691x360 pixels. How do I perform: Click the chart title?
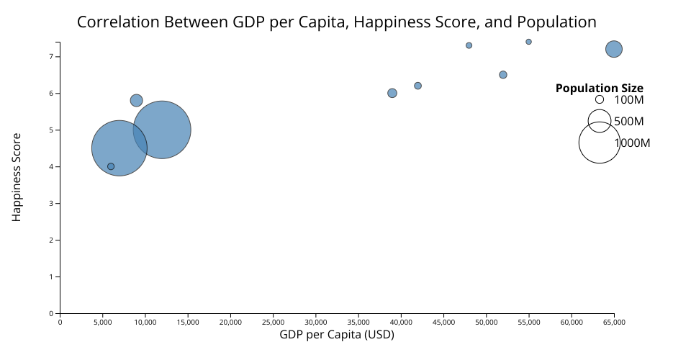pos(336,22)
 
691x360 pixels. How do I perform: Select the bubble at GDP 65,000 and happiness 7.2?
pos(614,49)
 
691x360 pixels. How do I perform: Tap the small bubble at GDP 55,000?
pos(528,42)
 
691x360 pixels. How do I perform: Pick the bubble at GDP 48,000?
pos(469,45)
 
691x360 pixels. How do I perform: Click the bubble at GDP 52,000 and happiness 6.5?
pos(503,75)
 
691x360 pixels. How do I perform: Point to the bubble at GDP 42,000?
pos(417,86)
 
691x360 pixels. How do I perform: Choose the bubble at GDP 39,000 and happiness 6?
pos(392,93)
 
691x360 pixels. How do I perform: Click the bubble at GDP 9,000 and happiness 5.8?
pos(136,100)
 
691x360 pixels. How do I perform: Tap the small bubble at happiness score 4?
pos(111,166)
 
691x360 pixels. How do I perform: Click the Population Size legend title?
pos(599,89)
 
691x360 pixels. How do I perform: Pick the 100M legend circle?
pos(599,99)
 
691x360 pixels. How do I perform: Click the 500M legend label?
pos(628,121)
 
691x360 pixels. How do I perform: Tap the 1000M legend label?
pos(632,143)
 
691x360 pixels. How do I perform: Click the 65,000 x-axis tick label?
pos(614,322)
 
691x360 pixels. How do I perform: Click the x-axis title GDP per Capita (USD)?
pos(337,335)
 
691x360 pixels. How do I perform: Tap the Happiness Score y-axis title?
pos(17,176)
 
